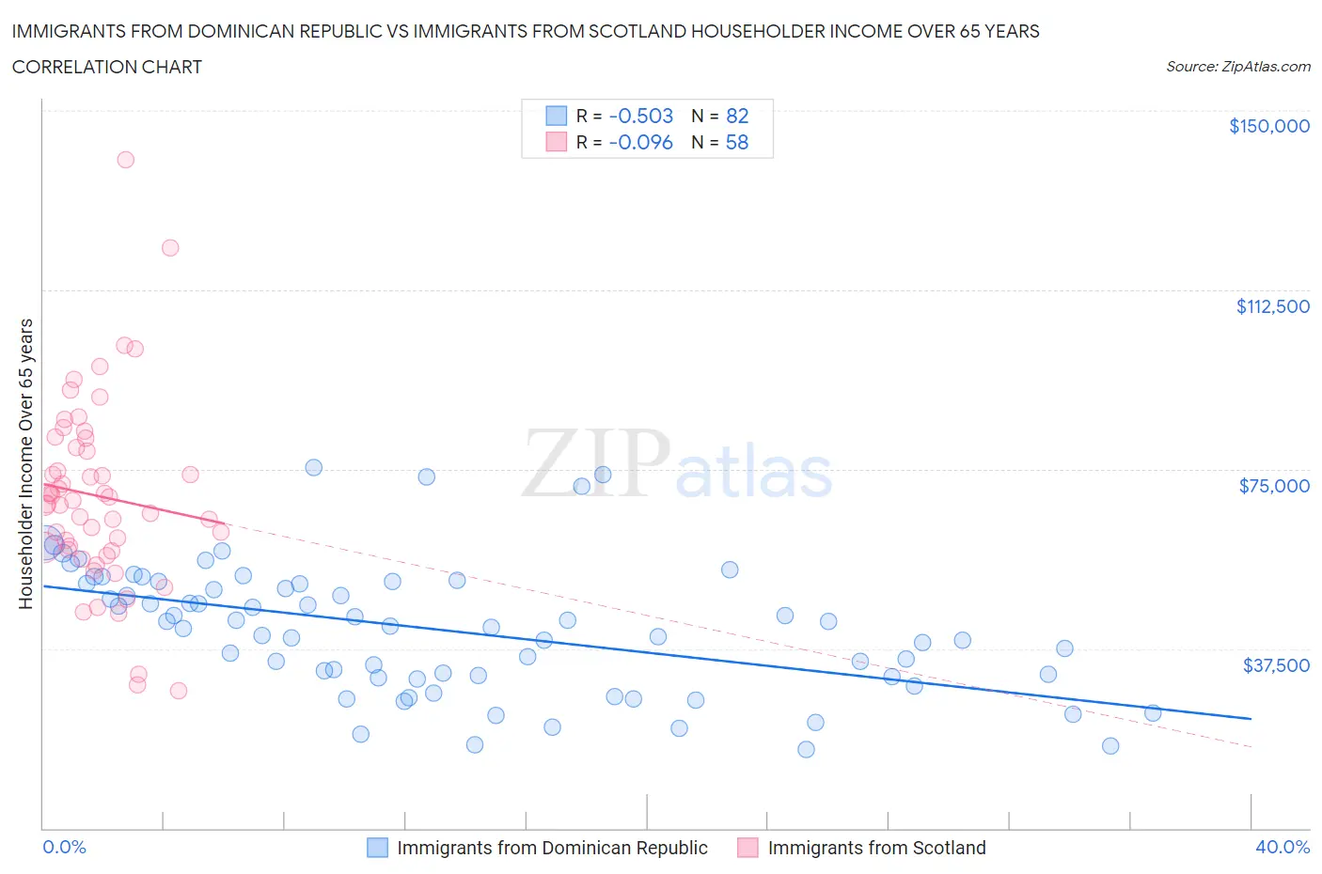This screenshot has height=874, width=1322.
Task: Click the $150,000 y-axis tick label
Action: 1268,126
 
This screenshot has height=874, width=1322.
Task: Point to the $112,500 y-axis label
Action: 1272,306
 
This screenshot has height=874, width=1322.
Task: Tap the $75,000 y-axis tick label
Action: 1274,486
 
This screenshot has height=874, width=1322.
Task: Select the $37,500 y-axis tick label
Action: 1275,665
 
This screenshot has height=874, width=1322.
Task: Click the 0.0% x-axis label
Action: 64,847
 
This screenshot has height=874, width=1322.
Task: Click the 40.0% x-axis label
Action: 1283,847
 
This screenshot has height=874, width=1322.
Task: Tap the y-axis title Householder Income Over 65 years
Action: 26,463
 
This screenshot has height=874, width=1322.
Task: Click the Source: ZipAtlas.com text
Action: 1237,67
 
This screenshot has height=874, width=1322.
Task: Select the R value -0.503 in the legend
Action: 640,116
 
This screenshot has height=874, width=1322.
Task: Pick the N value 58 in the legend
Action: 736,142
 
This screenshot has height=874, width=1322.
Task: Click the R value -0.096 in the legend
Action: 640,142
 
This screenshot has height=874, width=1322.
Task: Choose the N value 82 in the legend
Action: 736,116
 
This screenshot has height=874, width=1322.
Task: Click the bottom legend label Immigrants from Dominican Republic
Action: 552,848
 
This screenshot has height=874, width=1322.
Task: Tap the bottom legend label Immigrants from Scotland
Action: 876,848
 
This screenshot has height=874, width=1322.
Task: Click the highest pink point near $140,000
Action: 125,160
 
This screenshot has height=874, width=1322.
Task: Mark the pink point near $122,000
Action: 170,248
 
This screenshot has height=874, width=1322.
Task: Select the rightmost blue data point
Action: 1152,713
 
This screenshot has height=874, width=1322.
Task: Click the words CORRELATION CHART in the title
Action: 107,67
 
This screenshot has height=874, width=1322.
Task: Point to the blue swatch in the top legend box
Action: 557,116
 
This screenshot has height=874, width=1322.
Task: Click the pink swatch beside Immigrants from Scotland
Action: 748,848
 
